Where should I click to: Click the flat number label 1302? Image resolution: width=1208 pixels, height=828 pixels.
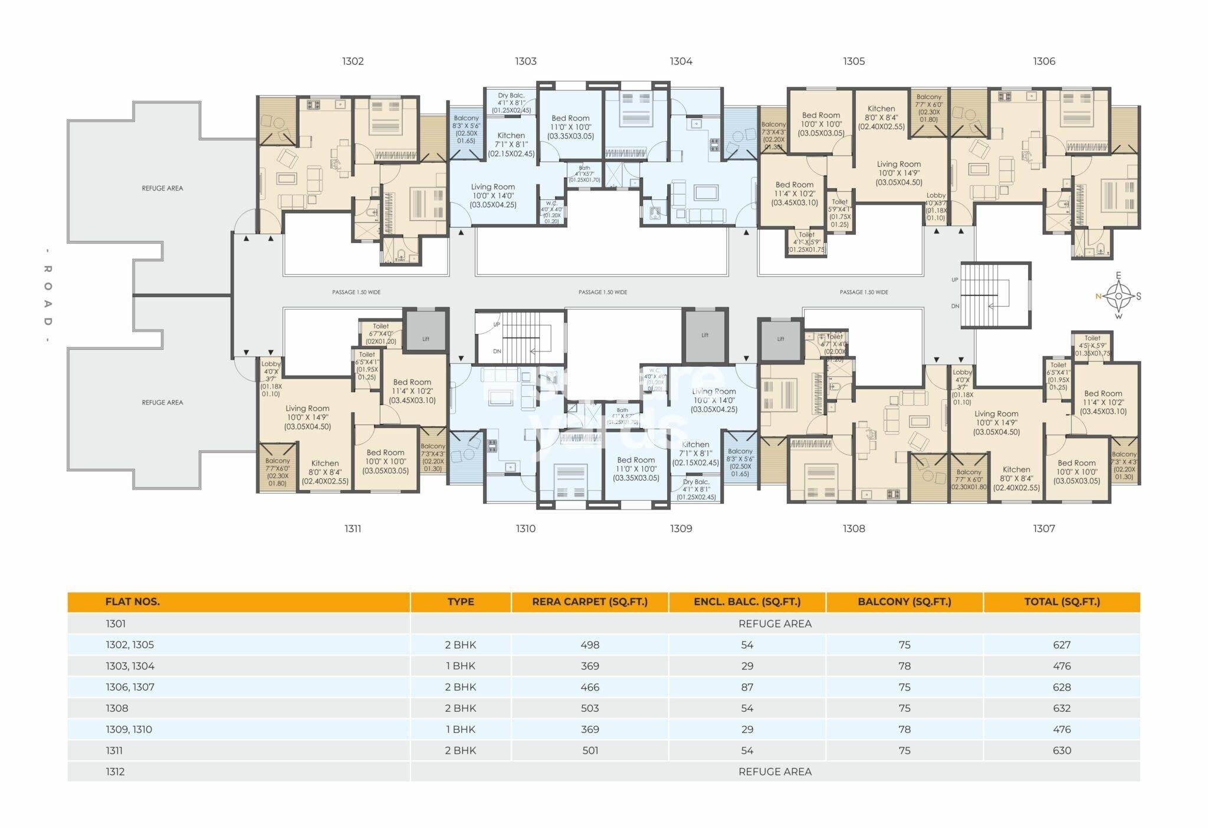pos(353,61)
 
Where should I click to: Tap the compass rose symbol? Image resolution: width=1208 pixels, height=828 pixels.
pos(1118,296)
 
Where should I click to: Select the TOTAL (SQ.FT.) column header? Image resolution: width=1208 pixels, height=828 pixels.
pos(1061,602)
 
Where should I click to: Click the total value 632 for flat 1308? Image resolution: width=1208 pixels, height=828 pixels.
pos(1061,708)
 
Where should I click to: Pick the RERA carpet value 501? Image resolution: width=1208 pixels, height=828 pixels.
pos(589,751)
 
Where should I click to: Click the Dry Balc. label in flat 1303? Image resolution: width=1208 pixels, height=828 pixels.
pos(511,96)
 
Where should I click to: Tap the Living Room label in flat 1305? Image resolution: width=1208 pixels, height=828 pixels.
pos(898,165)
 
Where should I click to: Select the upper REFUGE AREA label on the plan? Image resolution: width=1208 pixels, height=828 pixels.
pos(162,188)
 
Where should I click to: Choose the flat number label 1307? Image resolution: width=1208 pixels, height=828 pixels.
pos(1043,528)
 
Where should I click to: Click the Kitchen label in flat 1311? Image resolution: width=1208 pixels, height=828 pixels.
pos(324,464)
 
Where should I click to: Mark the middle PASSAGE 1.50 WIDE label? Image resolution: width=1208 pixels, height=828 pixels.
pos(602,292)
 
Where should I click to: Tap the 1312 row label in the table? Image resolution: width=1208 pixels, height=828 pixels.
pos(115,772)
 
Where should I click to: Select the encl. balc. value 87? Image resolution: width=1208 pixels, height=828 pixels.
pos(747,687)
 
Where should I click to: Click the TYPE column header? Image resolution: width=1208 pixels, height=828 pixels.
pos(460,602)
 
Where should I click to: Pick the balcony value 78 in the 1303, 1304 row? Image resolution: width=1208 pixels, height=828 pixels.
pos(904,666)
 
